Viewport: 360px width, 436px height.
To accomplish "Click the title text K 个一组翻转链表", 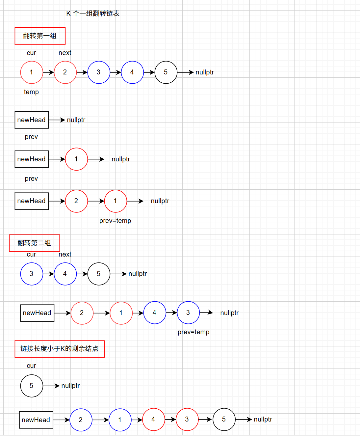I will coord(93,14).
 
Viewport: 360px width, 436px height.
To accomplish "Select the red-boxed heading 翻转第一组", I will coord(40,36).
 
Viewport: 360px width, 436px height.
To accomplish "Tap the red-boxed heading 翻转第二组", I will coord(34,243).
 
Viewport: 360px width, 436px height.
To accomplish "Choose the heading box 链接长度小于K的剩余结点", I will coord(59,349).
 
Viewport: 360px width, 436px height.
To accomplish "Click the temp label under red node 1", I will coord(31,92).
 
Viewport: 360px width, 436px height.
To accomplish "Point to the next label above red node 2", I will coord(65,53).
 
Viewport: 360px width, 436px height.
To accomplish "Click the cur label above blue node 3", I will coord(31,254).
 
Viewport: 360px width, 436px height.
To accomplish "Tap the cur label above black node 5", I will coord(31,366).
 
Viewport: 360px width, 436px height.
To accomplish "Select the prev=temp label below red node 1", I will coord(115,221).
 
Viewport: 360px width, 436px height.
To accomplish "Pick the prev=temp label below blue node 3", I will coord(193,332).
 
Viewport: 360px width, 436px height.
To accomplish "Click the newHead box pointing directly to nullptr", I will coord(32,120).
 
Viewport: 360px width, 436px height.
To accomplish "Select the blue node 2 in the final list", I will coord(81,420).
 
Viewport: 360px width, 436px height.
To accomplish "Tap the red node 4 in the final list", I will coord(153,419).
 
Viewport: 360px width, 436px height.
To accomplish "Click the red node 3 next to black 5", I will coord(187,419).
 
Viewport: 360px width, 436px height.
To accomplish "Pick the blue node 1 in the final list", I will coord(120,420).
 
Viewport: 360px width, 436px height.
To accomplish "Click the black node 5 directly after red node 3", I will coord(224,419).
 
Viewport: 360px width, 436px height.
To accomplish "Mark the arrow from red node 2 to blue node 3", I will coord(82,72).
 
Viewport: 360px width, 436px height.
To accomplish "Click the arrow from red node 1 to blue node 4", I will coord(138,313).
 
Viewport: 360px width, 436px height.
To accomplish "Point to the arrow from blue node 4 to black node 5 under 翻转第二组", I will coord(82,274).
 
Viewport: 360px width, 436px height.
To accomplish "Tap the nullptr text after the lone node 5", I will coord(70,386).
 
